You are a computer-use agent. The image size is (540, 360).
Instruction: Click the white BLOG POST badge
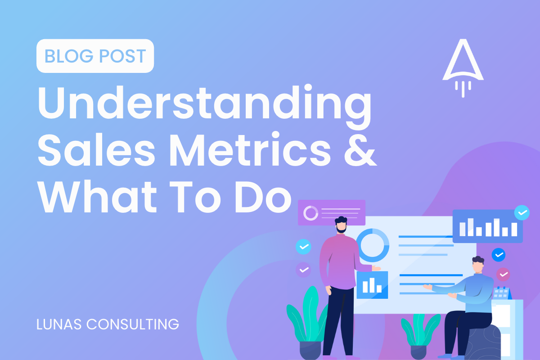pos(95,56)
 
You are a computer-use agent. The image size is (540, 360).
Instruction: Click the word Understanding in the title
pos(205,105)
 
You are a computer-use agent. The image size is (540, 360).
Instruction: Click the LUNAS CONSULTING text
pos(108,324)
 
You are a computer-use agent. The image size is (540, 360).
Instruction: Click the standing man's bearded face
pos(341,225)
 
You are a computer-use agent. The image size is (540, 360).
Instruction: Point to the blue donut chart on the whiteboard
pos(372,245)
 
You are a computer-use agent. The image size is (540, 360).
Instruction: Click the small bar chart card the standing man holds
pos(372,284)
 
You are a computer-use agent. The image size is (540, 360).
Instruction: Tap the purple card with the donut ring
pos(332,213)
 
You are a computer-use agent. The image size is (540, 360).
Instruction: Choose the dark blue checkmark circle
pos(499,255)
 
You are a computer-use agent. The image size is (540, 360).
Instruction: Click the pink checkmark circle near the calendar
pos(503,274)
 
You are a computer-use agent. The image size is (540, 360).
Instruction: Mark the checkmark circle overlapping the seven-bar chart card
pos(522,213)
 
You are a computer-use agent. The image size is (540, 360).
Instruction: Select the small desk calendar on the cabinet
pos(502,293)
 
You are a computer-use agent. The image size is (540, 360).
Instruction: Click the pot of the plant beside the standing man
pos(310,349)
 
